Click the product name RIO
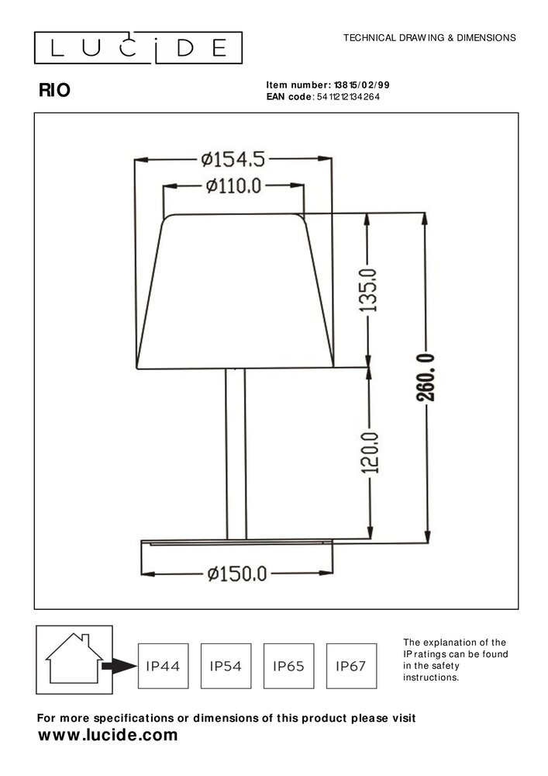point(54,90)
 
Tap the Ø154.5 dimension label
point(233,160)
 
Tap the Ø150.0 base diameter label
point(236,573)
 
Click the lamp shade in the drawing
point(236,291)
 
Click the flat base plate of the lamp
point(236,541)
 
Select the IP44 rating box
point(162,666)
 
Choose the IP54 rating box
point(225,666)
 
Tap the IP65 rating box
point(288,666)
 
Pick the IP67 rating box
point(351,666)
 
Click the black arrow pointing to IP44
point(117,666)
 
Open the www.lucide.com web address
point(108,735)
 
